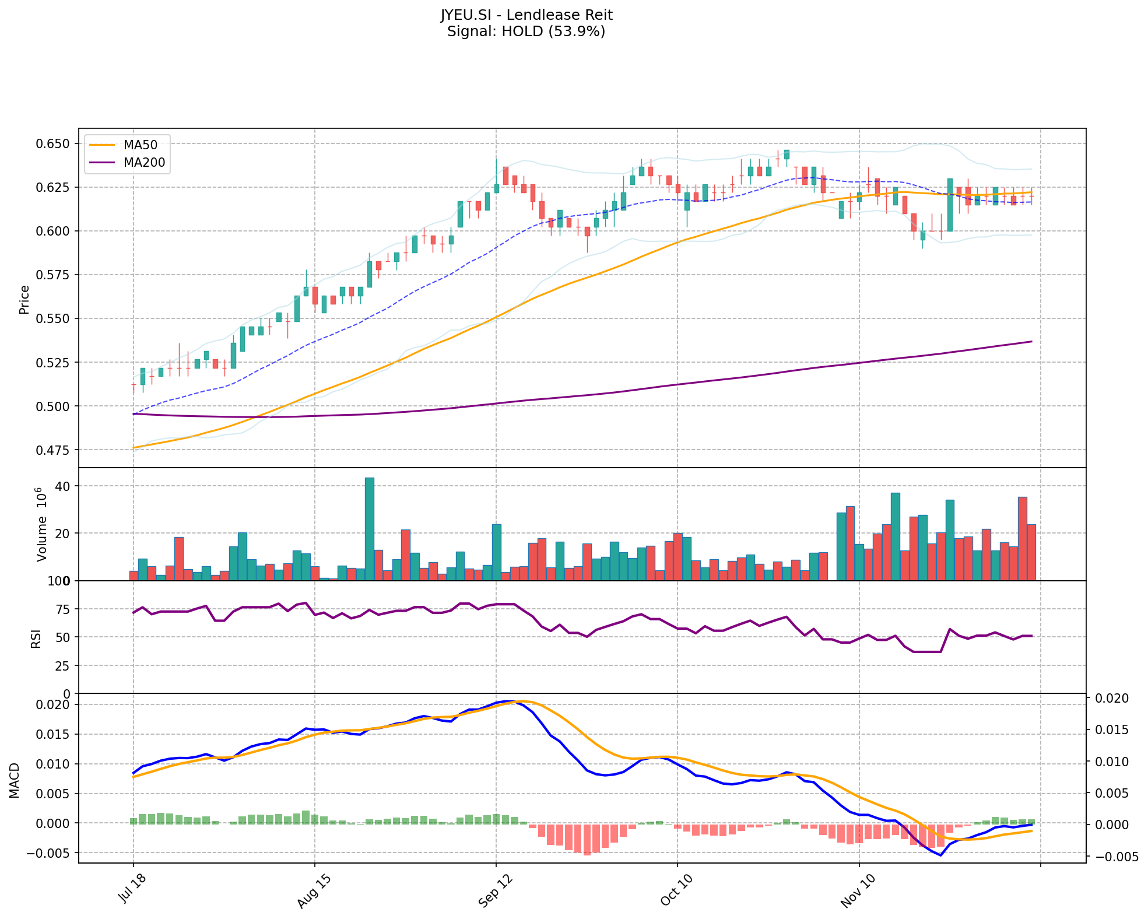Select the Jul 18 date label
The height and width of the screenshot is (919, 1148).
pos(131,890)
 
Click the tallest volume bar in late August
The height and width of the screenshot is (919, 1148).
pos(370,528)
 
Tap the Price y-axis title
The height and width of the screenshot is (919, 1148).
pos(24,300)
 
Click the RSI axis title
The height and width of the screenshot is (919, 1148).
pos(36,639)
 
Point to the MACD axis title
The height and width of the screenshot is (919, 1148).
pos(15,780)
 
